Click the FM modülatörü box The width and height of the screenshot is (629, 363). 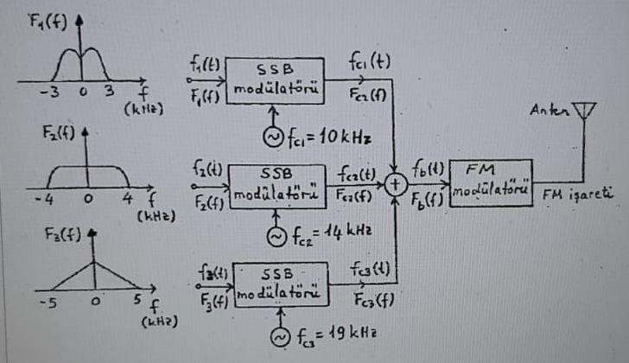[490, 181]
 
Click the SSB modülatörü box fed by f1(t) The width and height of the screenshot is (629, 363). [275, 81]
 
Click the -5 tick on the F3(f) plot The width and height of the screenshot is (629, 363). [43, 303]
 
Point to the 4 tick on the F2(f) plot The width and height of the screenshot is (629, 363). [126, 198]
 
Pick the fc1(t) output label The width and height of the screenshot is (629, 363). [370, 63]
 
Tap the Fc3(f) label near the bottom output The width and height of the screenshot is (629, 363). [372, 302]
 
